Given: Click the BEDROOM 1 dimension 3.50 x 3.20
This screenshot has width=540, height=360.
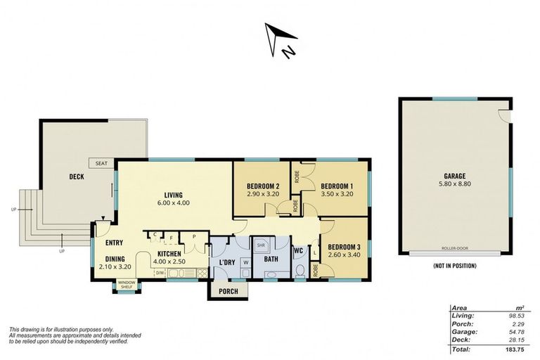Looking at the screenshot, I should pyautogui.click(x=337, y=193).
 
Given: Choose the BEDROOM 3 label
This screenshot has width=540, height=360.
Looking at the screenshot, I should pyautogui.click(x=344, y=246).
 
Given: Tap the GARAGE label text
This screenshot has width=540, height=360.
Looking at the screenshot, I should pyautogui.click(x=454, y=176).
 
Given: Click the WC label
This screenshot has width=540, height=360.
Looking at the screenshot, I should pyautogui.click(x=298, y=250).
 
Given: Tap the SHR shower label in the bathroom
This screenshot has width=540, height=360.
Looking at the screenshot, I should pyautogui.click(x=260, y=246).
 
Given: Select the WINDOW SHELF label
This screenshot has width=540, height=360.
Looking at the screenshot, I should pyautogui.click(x=127, y=285).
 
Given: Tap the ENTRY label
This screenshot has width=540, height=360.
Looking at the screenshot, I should pyautogui.click(x=114, y=243).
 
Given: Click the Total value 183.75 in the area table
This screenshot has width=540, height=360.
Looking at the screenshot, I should pyautogui.click(x=517, y=349).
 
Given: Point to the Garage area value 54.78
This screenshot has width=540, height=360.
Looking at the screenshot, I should pyautogui.click(x=519, y=331).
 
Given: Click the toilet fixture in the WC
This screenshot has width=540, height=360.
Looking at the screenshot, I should pyautogui.click(x=300, y=269).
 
